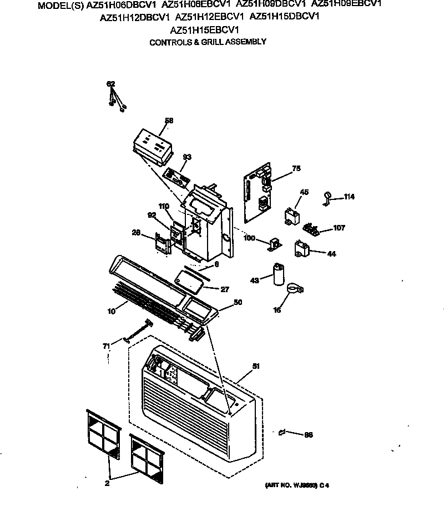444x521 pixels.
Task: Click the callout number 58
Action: point(169,120)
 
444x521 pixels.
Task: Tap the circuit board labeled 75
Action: point(257,189)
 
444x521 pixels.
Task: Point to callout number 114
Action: point(349,197)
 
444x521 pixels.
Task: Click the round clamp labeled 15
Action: point(294,289)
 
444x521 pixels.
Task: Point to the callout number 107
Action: point(339,228)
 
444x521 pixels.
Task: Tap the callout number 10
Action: point(111,312)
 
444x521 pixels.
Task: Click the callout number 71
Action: point(107,346)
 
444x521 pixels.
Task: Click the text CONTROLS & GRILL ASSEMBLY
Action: point(208,42)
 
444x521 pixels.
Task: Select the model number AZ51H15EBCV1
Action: point(205,30)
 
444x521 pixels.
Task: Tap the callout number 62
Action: point(111,84)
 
